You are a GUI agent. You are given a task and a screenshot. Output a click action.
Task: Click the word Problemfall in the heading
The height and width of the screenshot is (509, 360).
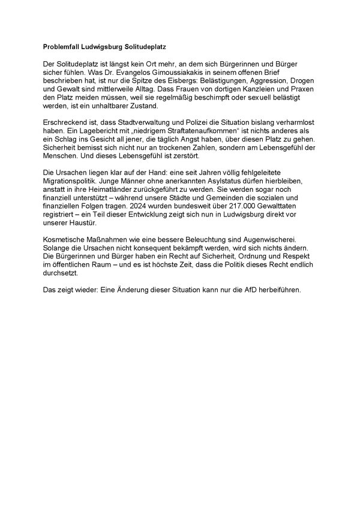click(62, 45)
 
